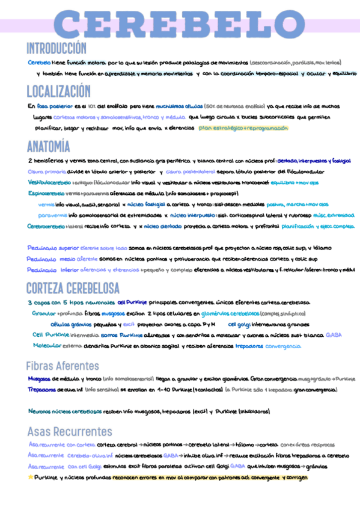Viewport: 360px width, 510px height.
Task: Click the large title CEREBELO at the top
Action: pos(180,25)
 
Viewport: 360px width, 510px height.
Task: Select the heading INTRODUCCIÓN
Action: pos(56,49)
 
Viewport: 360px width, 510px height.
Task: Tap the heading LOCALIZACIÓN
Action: pos(58,91)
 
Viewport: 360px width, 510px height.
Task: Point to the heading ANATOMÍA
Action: pos(48,146)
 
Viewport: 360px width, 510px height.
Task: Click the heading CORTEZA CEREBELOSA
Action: pos(73,287)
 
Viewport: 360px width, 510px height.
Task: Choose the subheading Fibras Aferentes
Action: pos(63,366)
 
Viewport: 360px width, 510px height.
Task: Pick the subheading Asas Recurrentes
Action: pos(66,431)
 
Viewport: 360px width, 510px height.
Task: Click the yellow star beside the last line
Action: pos(31,477)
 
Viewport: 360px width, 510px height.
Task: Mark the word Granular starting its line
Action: pos(43,313)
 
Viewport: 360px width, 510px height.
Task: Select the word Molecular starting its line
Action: pos(46,346)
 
